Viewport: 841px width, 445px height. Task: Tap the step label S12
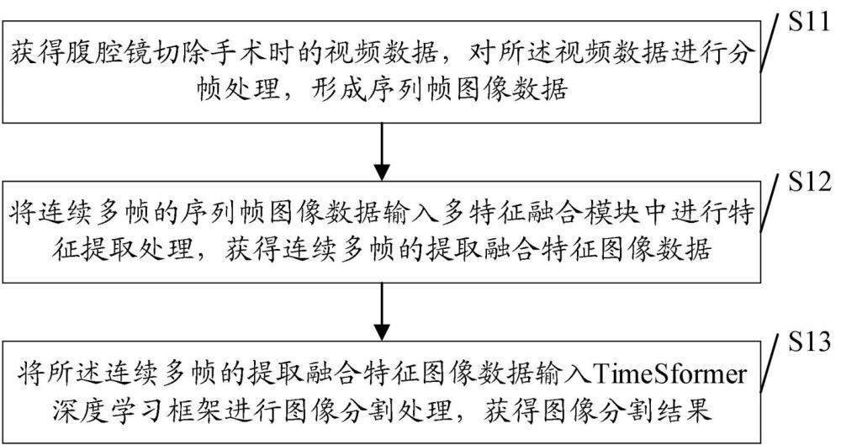coord(809,182)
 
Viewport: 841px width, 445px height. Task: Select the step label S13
coord(809,342)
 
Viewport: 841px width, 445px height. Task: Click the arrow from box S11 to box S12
coord(381,151)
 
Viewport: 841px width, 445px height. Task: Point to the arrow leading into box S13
coord(381,311)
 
